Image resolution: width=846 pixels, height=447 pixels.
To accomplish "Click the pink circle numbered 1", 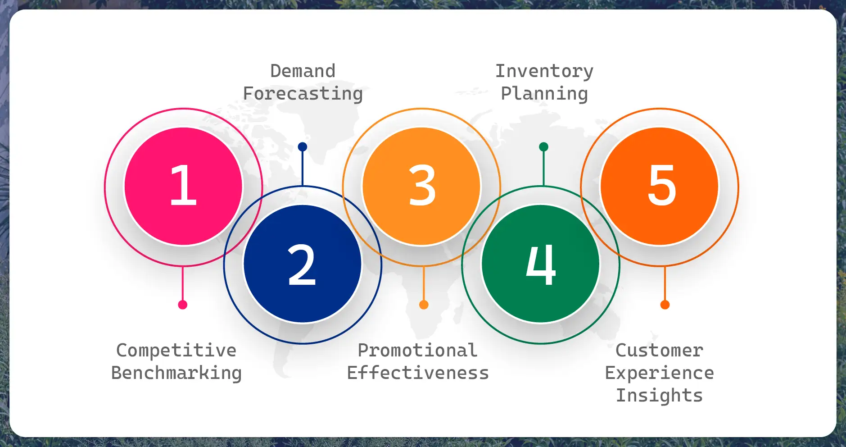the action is pyautogui.click(x=183, y=187).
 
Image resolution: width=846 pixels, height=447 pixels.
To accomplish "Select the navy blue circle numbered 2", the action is pyautogui.click(x=303, y=264).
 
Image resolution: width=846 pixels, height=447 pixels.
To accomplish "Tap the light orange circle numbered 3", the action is pyautogui.click(x=421, y=187).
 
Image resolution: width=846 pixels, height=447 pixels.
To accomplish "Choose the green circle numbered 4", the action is pyautogui.click(x=541, y=264).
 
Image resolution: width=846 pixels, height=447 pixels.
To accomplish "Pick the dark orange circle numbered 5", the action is pyautogui.click(x=660, y=187).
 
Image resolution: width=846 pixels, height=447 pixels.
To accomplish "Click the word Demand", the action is pyautogui.click(x=303, y=71).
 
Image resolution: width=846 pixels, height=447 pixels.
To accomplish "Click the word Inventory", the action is pyautogui.click(x=544, y=72).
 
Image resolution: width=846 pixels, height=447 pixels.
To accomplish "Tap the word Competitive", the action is pyautogui.click(x=176, y=351).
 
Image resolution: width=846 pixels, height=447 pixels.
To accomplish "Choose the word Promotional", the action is pyautogui.click(x=418, y=351).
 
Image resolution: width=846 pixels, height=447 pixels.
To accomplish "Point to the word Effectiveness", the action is pyautogui.click(x=418, y=373).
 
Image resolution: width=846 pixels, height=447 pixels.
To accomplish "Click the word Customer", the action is pyautogui.click(x=660, y=351).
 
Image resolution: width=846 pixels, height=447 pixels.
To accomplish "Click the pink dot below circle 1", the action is pyautogui.click(x=183, y=305).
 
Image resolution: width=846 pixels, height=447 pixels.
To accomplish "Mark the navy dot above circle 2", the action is pyautogui.click(x=303, y=147).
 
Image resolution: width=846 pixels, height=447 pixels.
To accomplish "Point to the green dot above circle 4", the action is pyautogui.click(x=543, y=147).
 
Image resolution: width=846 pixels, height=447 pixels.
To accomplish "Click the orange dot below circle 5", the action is pyautogui.click(x=665, y=305).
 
